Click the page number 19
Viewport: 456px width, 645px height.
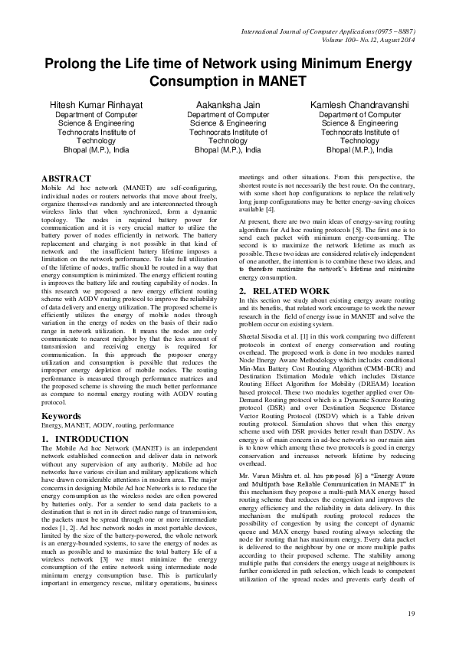[411, 614]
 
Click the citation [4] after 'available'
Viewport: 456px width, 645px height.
[270, 209]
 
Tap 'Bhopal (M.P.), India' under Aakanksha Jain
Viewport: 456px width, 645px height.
[228, 150]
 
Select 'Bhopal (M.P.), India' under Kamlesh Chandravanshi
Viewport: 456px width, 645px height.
[359, 150]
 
